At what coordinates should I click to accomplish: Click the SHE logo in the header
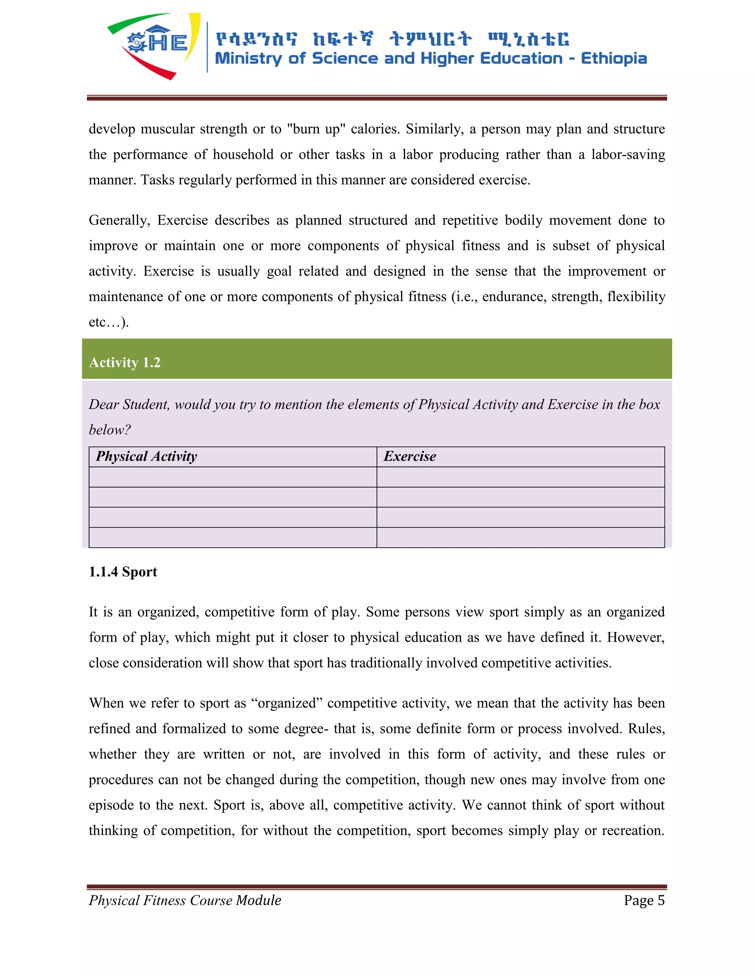coord(154,45)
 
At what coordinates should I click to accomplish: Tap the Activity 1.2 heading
coord(125,362)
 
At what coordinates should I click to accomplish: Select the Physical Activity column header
coord(146,456)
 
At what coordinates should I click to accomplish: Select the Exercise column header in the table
coord(410,456)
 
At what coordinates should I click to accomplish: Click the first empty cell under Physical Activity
coord(233,477)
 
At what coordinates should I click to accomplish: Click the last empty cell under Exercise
coord(520,538)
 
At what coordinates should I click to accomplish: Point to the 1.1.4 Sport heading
coord(123,572)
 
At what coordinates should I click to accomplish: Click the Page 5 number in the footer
coord(644,900)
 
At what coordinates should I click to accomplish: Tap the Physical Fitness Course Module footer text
coord(185,900)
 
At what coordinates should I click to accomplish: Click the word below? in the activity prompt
coord(110,430)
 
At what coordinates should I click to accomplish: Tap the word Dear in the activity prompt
coord(103,404)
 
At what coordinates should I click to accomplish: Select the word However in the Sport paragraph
coord(635,638)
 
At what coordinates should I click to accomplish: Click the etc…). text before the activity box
coord(109,322)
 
